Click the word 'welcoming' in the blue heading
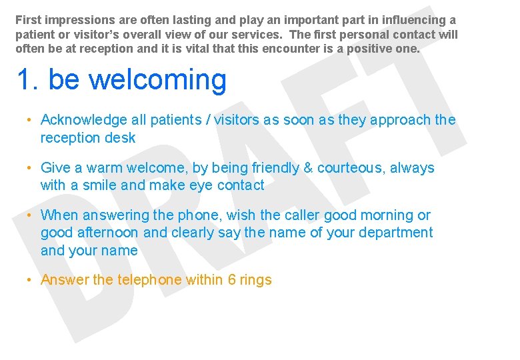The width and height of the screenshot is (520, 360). (157, 80)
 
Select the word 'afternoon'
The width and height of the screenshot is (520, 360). (110, 233)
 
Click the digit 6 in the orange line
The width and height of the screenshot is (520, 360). (232, 280)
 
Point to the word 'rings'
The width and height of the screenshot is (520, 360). (256, 281)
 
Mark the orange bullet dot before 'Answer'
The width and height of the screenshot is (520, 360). (29, 280)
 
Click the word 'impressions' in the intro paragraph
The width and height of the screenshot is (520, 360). (74, 21)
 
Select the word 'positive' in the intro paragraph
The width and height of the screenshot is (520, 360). (371, 49)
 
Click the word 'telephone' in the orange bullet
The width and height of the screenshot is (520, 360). (149, 280)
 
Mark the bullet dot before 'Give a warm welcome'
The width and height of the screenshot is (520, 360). (29, 168)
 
